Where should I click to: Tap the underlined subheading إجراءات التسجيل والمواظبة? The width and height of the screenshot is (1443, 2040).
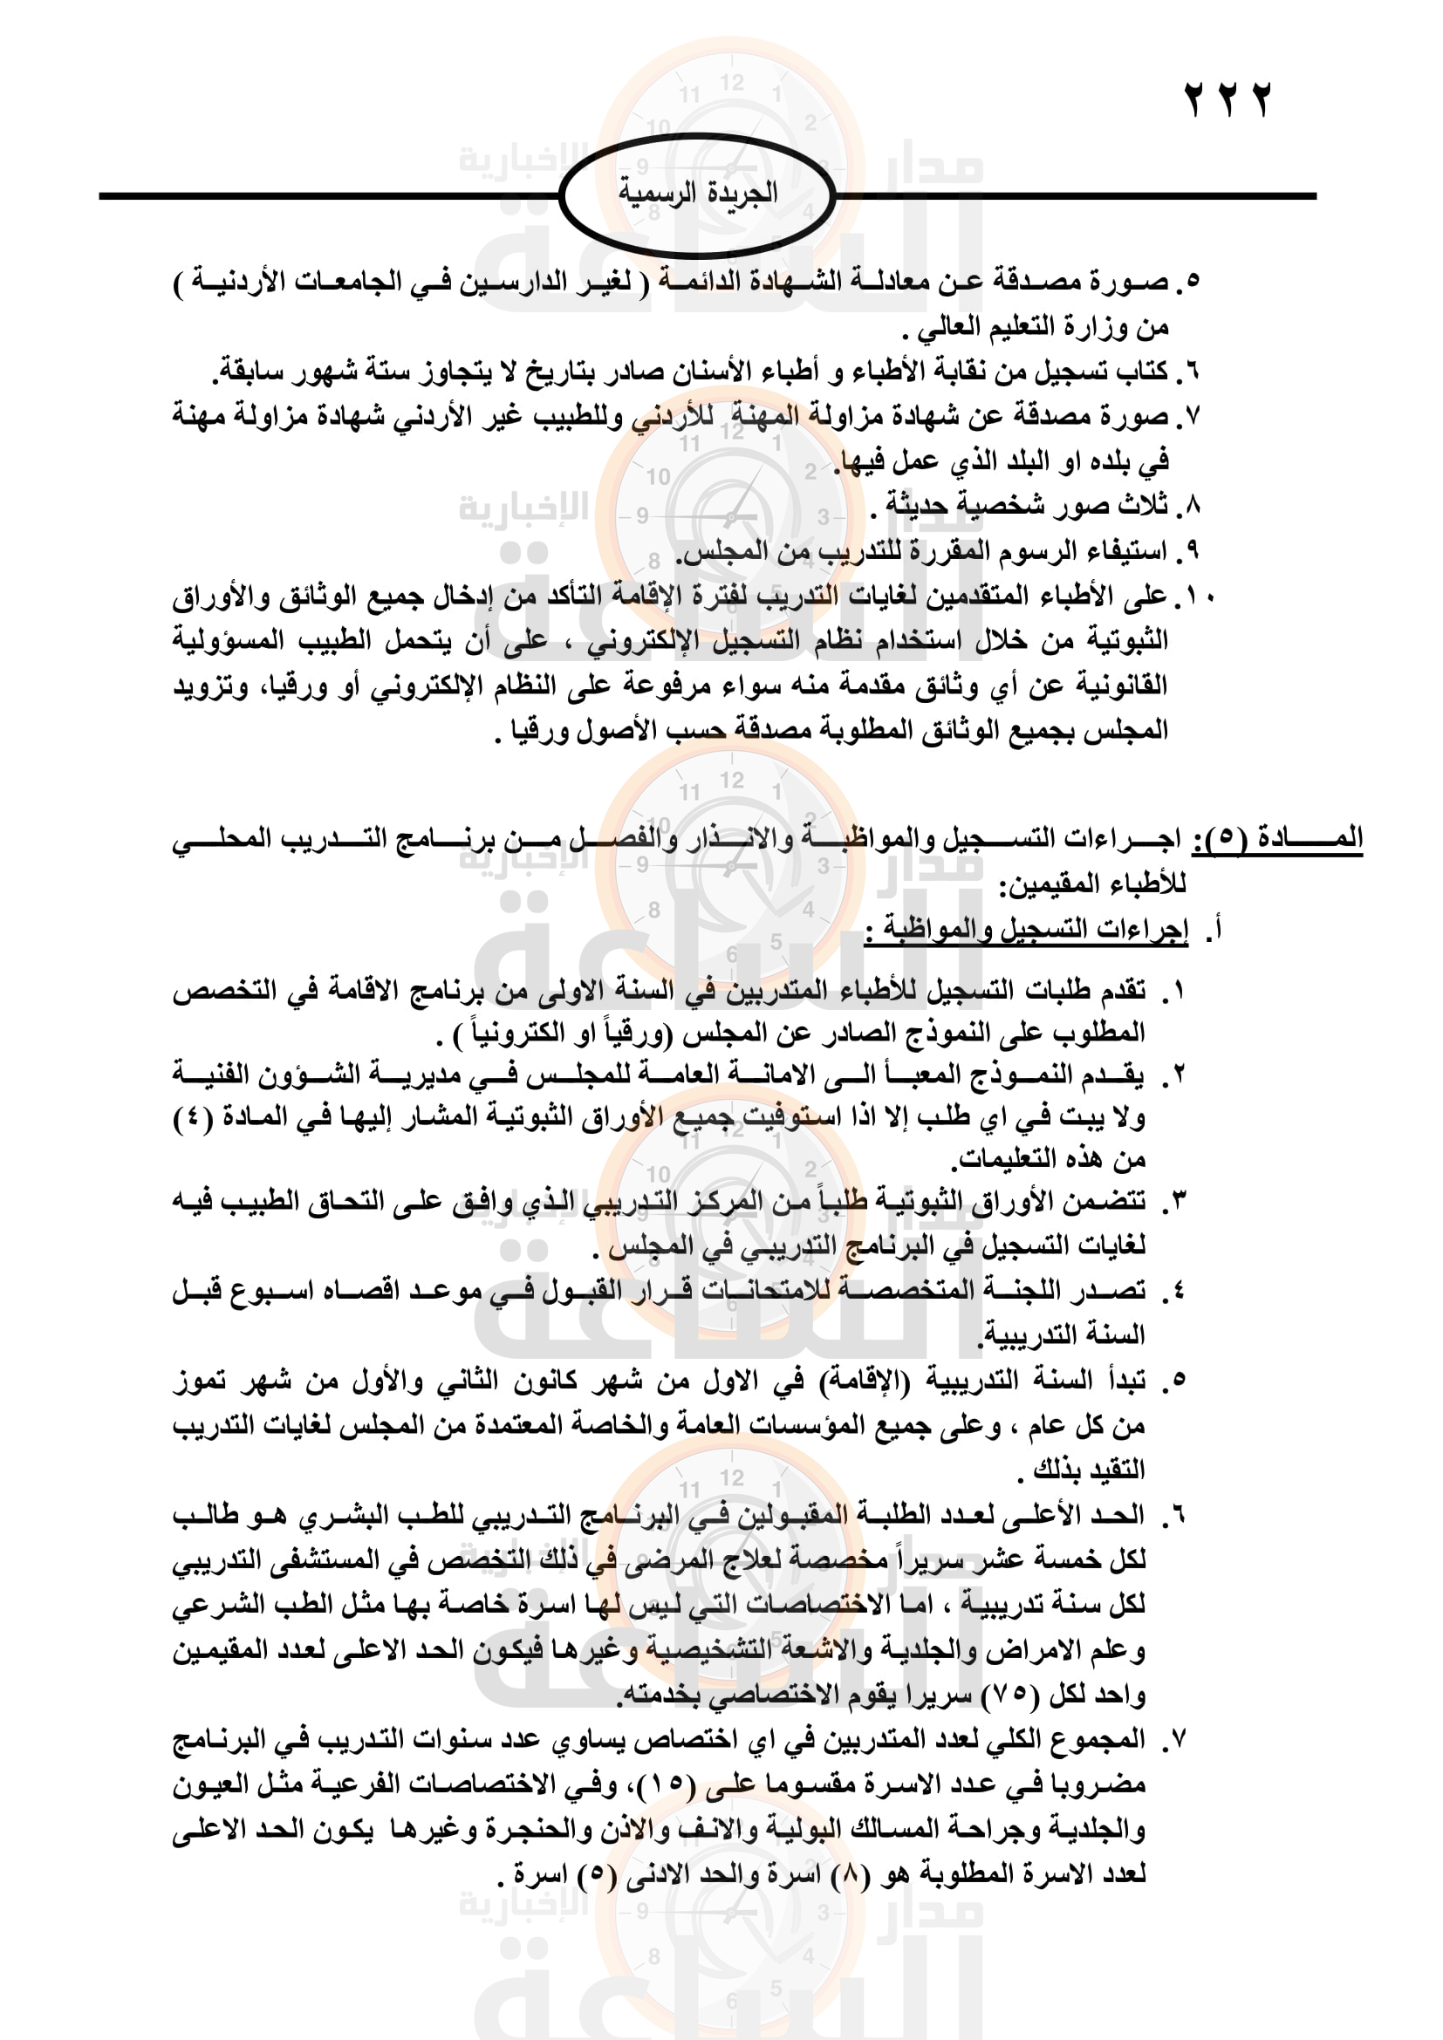[x=1026, y=931]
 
